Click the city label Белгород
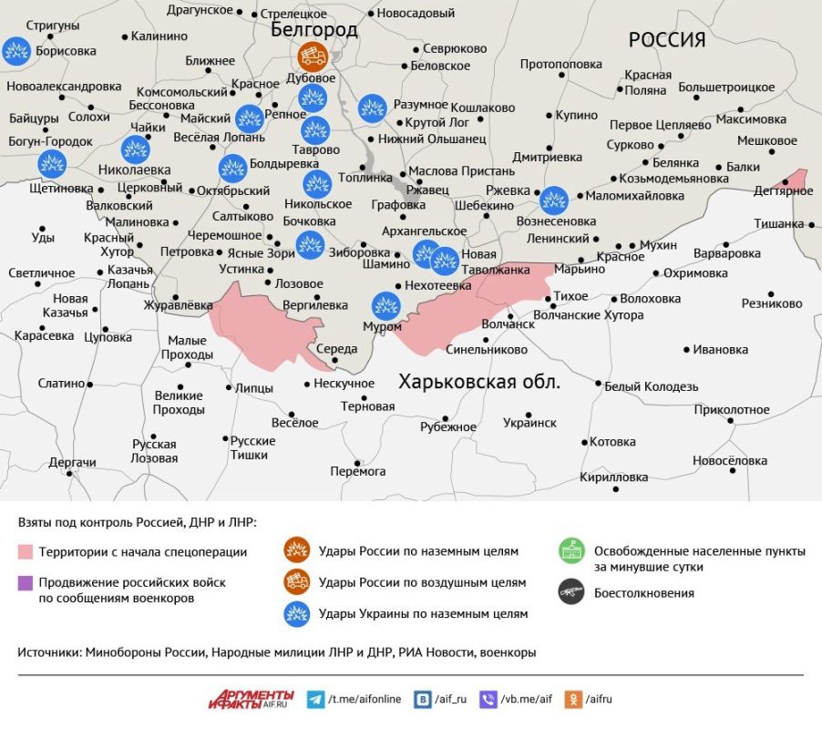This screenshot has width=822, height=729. click(x=314, y=30)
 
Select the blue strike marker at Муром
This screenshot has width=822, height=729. click(x=386, y=304)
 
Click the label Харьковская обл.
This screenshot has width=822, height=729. click(x=479, y=382)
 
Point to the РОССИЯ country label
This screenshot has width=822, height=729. click(x=667, y=39)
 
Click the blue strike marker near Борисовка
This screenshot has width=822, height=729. click(x=15, y=51)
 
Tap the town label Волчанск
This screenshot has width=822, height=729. click(x=508, y=323)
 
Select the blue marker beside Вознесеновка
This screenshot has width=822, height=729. click(x=553, y=200)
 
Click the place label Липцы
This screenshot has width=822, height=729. click(x=254, y=388)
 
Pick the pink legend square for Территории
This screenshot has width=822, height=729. click(x=26, y=551)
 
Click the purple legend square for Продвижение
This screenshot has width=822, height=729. click(x=26, y=581)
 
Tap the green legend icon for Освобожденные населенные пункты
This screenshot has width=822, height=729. click(x=571, y=551)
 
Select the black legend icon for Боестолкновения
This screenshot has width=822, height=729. click(x=571, y=592)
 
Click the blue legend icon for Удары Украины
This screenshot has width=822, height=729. click(x=297, y=613)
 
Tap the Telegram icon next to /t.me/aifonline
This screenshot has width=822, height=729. click(x=315, y=700)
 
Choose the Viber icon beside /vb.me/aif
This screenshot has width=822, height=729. click(x=488, y=700)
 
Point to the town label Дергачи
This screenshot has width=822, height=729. click(x=73, y=463)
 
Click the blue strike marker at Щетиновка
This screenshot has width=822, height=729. click(x=52, y=164)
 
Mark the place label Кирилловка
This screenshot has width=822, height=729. click(x=613, y=477)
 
